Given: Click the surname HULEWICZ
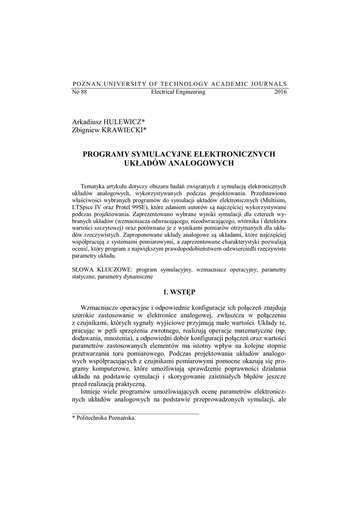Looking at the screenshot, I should [124, 121].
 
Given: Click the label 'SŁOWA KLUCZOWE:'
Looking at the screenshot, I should [102, 269].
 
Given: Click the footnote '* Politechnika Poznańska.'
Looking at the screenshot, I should [104, 418].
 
